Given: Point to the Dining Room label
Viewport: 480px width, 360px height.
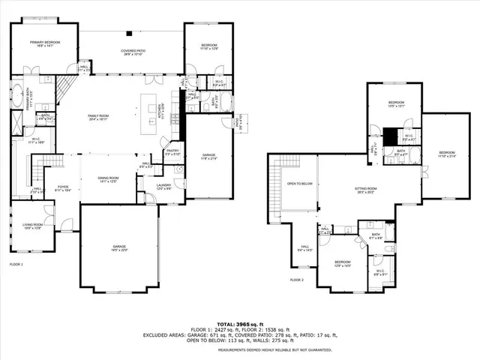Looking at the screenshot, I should click(109, 179).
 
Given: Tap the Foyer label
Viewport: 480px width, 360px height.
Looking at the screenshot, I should click(62, 189).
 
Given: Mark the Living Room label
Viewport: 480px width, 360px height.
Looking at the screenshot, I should click(31, 226).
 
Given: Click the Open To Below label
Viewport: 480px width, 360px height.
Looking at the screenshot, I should click(299, 183).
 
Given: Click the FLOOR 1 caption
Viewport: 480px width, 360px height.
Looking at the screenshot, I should click(16, 265).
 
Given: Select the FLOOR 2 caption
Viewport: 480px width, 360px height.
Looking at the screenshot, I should click(296, 279).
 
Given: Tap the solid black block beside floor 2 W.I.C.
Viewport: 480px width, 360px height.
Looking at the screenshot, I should click(390, 137).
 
